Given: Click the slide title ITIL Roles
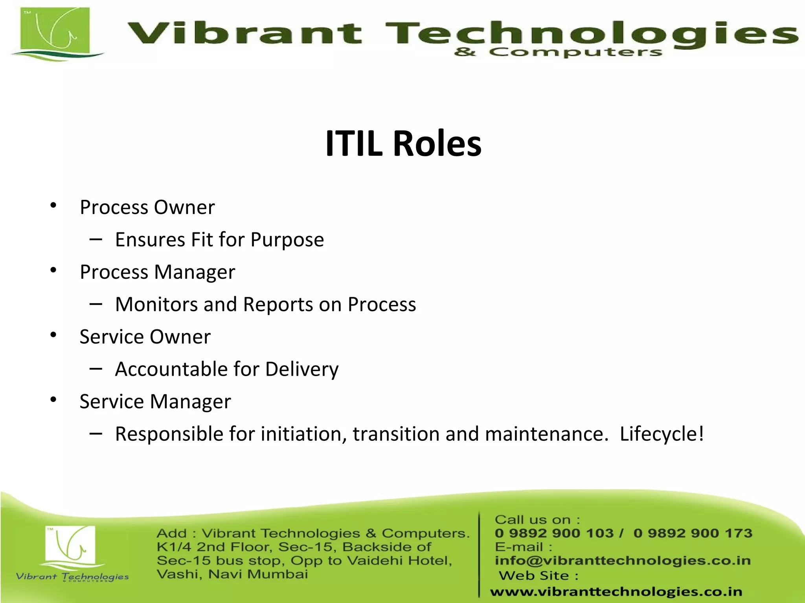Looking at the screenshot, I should tap(403, 144).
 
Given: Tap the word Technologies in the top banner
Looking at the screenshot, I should tap(590, 33).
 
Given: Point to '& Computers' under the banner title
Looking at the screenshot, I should tap(558, 52).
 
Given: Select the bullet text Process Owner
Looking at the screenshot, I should tap(147, 207).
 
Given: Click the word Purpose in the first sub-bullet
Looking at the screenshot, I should tap(287, 240).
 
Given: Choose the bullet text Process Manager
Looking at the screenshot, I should tap(157, 272).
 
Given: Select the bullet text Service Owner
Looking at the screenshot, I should tap(145, 337).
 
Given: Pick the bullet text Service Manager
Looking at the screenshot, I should tap(155, 402).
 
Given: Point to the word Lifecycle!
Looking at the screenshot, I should tap(662, 434).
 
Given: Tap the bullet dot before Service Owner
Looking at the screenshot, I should tap(53, 335).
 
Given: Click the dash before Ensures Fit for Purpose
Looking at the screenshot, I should tap(96, 239).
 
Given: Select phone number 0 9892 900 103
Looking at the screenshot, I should tap(554, 533).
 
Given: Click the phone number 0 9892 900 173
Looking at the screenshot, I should tap(693, 533).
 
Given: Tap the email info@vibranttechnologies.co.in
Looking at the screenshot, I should tap(623, 561).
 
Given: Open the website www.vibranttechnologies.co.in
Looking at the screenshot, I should tap(616, 592).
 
